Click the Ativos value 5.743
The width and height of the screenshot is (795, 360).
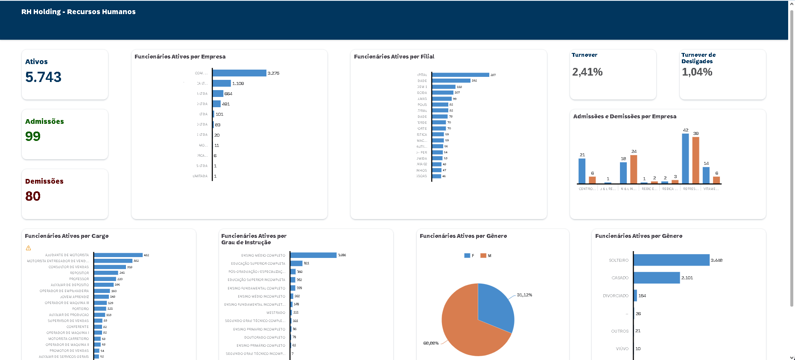[43, 77]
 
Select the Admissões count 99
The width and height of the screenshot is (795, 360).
[33, 136]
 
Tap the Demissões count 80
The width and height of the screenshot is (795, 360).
[33, 196]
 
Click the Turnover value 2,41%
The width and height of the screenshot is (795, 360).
[587, 72]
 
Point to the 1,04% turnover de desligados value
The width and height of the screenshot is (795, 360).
[697, 72]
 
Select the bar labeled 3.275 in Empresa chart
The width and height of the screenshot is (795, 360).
[239, 73]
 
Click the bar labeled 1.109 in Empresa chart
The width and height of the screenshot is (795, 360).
[222, 83]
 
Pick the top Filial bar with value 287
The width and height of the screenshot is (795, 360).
[460, 75]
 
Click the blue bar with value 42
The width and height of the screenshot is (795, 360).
[685, 158]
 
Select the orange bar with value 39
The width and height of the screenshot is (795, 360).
[696, 160]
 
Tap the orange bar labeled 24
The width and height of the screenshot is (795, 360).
[634, 169]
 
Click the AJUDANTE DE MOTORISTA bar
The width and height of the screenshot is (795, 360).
[118, 255]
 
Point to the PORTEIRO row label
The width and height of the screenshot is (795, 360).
[80, 309]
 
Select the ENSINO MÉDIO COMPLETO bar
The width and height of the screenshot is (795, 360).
[313, 255]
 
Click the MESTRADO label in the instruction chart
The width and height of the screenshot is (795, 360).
[276, 313]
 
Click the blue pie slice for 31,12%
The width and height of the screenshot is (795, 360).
[495, 305]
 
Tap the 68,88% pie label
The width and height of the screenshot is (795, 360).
[431, 343]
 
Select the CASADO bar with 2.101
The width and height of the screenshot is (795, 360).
[656, 278]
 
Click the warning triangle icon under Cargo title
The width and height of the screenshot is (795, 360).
[28, 248]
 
